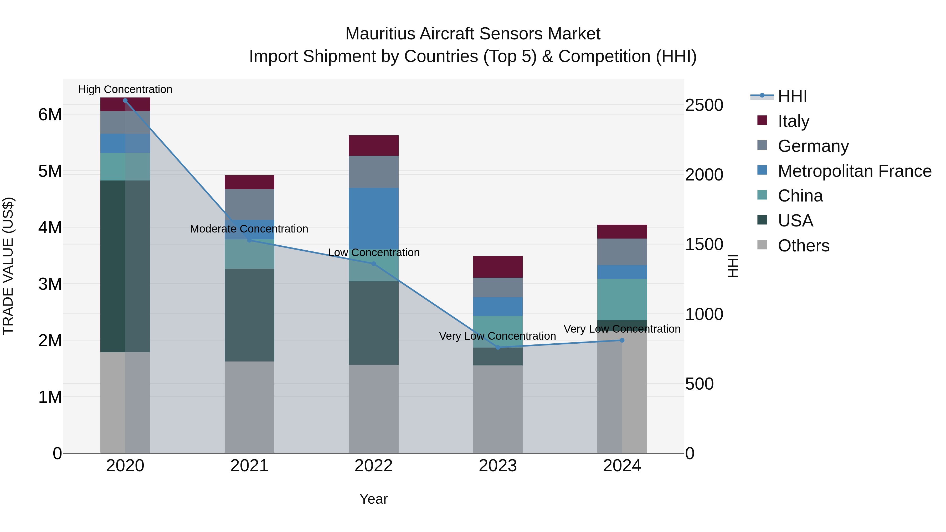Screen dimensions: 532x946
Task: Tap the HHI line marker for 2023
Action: [498, 347]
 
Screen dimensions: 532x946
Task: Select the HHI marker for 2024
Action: [622, 340]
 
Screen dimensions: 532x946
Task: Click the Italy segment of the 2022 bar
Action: [373, 145]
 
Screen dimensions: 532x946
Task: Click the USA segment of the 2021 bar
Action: [249, 315]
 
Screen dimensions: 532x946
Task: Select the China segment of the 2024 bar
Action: [622, 299]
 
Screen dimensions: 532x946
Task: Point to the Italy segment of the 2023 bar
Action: [498, 267]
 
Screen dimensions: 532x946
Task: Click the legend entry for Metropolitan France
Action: [854, 171]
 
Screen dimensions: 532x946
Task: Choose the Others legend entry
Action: [804, 245]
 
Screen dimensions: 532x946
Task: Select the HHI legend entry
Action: [792, 96]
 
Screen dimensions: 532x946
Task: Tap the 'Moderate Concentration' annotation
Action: [249, 229]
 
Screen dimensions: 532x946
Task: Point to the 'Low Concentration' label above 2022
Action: [373, 252]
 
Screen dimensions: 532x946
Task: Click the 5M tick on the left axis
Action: [50, 171]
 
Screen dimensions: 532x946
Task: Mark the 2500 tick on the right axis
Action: [704, 105]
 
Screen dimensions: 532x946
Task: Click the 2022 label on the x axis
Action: [373, 466]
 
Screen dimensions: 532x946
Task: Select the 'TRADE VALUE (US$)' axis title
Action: [8, 266]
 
